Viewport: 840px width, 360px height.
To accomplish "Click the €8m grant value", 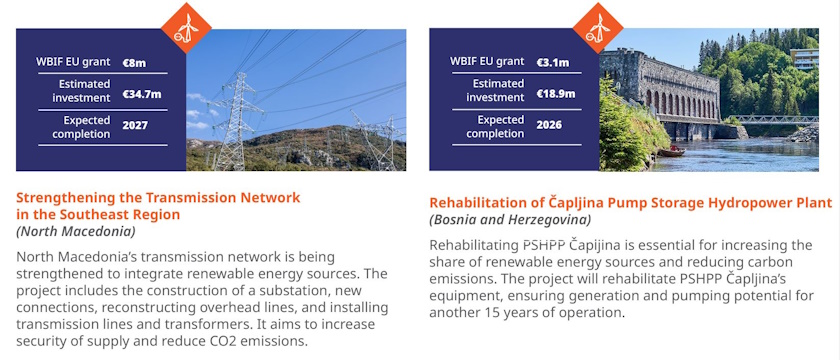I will [x=134, y=63].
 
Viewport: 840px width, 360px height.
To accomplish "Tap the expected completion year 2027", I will [x=134, y=126].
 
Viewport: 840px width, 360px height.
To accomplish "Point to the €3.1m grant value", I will [x=552, y=63].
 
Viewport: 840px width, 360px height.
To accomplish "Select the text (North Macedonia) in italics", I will [x=76, y=231].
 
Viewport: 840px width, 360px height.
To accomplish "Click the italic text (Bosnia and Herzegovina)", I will [x=510, y=219].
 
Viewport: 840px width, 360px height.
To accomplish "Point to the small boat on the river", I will [x=678, y=151].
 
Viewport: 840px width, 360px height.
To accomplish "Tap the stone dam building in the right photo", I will [x=659, y=90].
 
